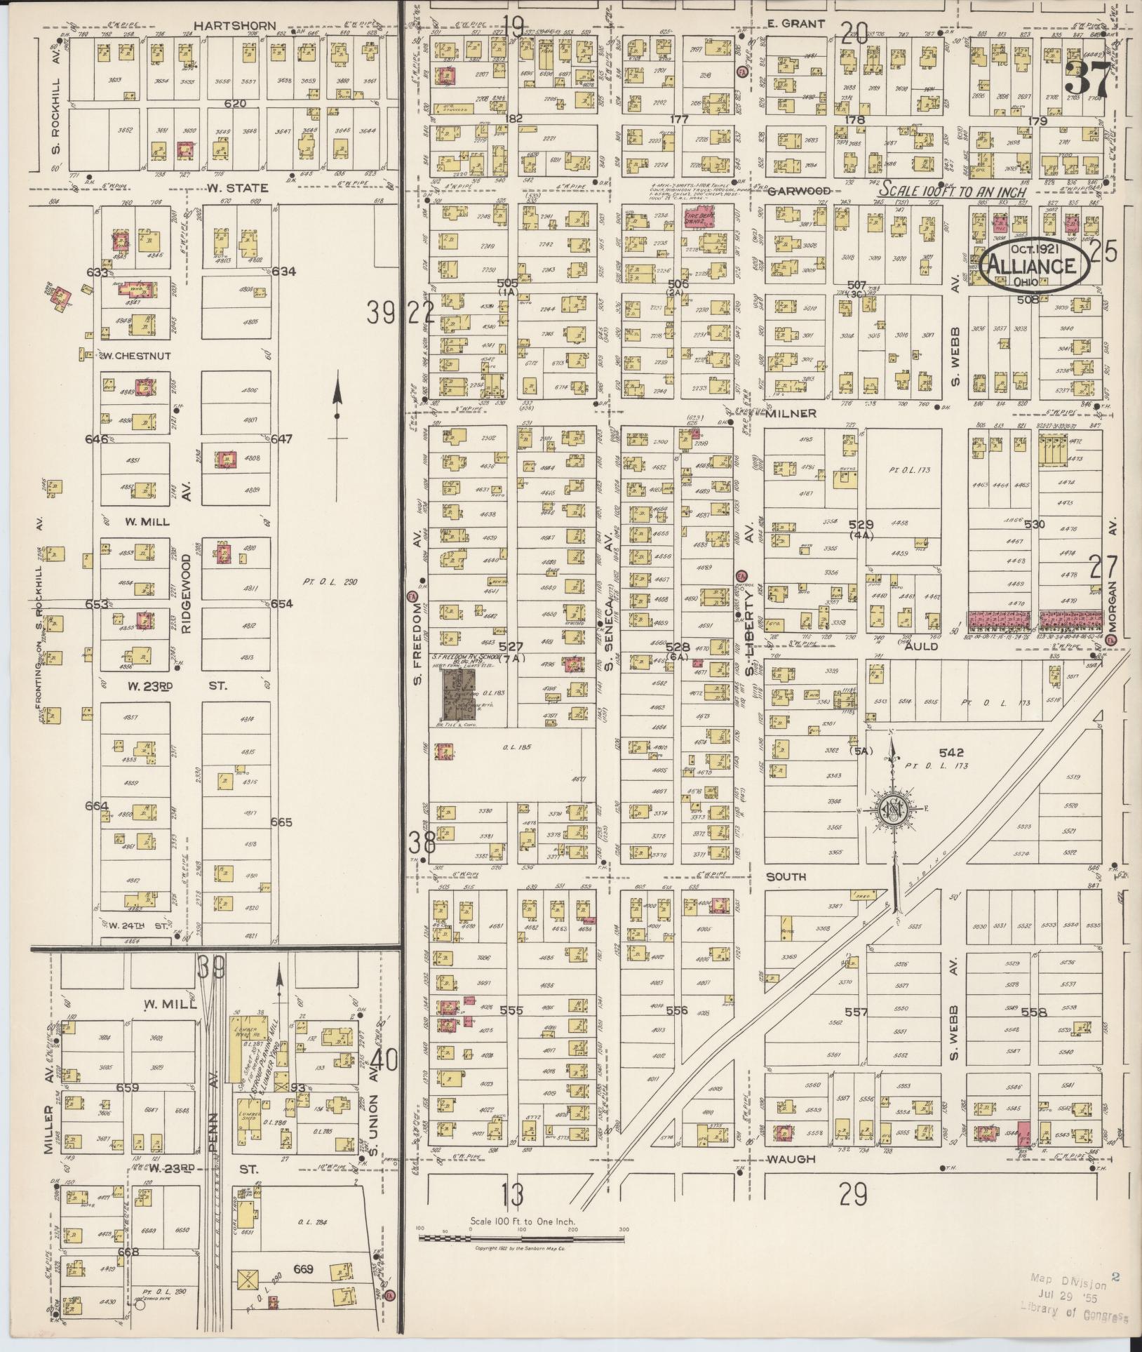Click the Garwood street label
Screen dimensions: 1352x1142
click(800, 191)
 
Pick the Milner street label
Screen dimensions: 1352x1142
click(791, 413)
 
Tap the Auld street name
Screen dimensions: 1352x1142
click(920, 646)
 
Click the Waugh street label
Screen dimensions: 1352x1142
click(791, 1159)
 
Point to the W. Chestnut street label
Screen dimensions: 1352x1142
click(135, 356)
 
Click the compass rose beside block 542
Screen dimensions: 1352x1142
click(895, 810)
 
